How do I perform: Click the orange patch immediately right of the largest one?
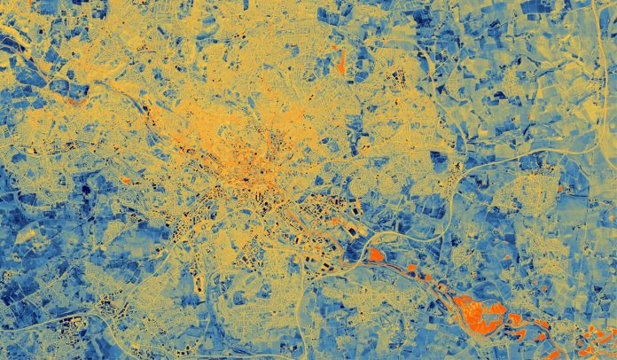(513, 317)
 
